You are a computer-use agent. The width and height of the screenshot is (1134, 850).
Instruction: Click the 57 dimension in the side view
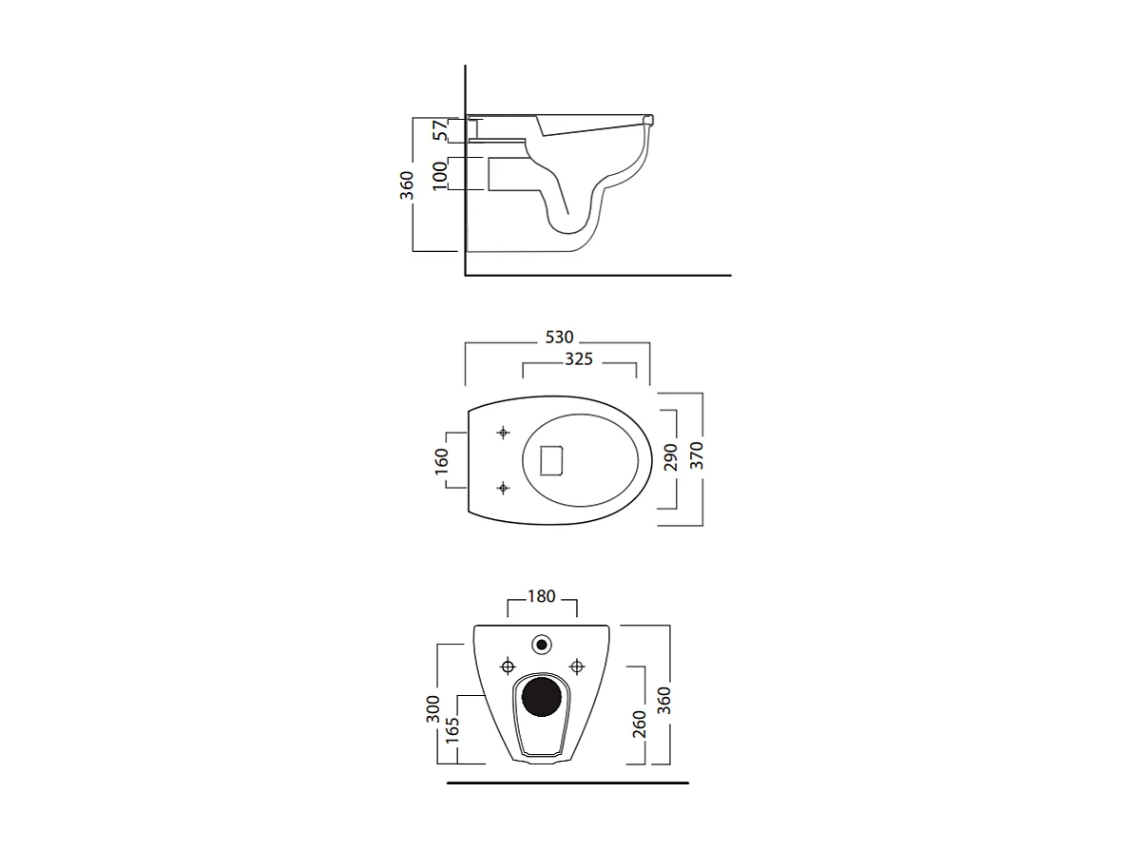click(x=439, y=130)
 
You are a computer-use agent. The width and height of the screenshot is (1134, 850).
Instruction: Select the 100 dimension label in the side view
click(x=439, y=175)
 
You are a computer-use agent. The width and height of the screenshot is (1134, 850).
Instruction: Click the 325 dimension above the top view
click(x=578, y=359)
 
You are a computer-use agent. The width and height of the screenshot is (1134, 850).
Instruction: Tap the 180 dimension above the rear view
click(x=541, y=597)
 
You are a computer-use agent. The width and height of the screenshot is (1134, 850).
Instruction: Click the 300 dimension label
click(x=433, y=706)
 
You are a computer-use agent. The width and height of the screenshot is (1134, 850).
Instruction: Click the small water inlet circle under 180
click(x=543, y=645)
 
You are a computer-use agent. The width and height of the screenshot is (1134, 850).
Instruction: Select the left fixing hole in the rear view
click(x=508, y=664)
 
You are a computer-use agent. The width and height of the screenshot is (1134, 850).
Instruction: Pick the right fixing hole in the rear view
click(x=575, y=664)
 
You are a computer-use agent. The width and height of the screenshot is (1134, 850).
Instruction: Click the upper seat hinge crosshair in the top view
click(x=503, y=433)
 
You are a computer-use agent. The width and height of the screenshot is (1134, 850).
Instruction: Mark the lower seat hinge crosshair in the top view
click(x=503, y=488)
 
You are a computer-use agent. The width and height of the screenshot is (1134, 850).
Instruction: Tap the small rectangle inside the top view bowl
click(x=552, y=460)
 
